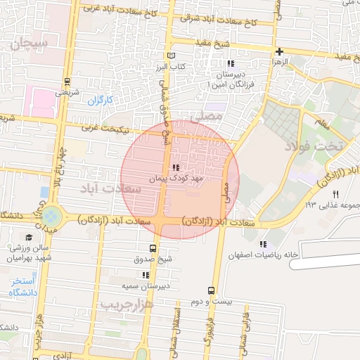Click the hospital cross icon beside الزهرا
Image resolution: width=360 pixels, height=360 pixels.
pos(280,51)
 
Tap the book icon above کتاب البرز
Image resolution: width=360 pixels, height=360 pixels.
pos(171,56)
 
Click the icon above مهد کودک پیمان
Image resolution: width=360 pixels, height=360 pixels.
pos(175,167)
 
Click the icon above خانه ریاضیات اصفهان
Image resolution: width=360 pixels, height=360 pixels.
pos(264,244)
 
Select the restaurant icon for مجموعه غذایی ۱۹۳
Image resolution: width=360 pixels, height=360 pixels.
pos(336,194)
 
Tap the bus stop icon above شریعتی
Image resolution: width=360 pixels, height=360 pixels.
pos(67,81)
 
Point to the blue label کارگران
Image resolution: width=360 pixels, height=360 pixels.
pos(100,100)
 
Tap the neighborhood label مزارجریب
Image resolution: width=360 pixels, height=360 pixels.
pos(127,304)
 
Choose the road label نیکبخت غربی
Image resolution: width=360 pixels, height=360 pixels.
pos(108,127)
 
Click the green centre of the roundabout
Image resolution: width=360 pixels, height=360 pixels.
pos(51,215)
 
